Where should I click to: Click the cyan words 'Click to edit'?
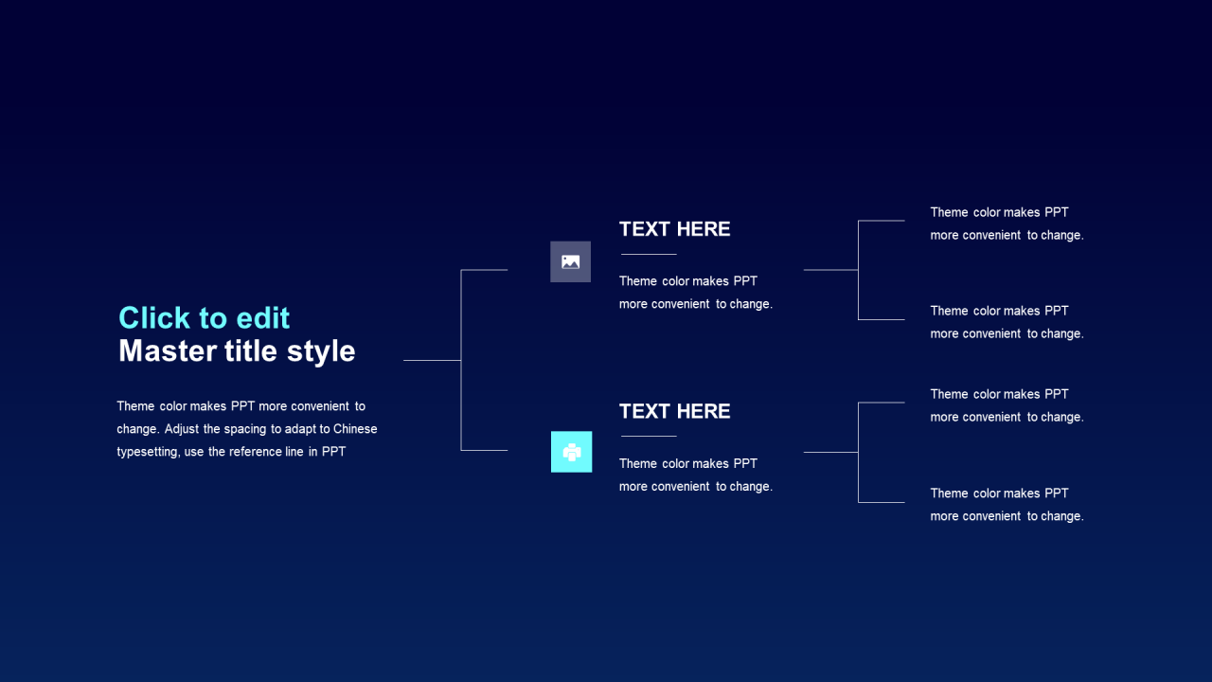[x=204, y=317]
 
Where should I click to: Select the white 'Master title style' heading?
[x=237, y=351]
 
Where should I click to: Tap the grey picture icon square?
[x=570, y=262]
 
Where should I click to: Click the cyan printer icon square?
[x=571, y=452]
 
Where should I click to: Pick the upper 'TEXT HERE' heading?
[x=675, y=229]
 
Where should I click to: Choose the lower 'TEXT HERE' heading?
[x=675, y=411]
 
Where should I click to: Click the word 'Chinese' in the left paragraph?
[x=355, y=429]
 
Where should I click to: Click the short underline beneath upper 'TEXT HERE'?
[x=649, y=254]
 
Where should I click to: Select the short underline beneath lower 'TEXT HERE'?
[x=649, y=436]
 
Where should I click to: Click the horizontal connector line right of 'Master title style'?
[x=433, y=360]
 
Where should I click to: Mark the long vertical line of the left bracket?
[x=461, y=360]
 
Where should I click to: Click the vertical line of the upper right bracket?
[x=858, y=270]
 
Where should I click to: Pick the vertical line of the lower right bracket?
[x=858, y=453]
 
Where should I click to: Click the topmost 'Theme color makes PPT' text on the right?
[x=999, y=212]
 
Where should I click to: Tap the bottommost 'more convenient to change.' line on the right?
[x=1007, y=516]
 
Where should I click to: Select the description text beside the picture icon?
[x=696, y=293]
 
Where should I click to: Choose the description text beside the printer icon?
[x=696, y=476]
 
